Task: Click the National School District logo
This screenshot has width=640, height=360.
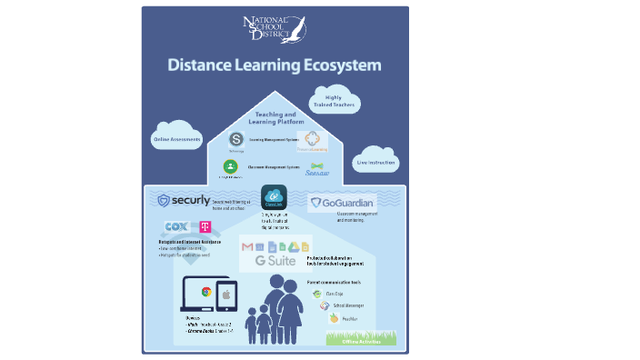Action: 275,29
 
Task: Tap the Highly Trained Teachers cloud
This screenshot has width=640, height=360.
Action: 336,103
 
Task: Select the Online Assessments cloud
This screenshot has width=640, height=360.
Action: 177,139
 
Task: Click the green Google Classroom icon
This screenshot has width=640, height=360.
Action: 231,166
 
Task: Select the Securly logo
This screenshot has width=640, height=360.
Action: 184,200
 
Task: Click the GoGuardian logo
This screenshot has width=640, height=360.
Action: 342,203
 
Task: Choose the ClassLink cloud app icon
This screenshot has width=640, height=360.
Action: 274,196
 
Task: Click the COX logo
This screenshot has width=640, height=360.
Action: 176,227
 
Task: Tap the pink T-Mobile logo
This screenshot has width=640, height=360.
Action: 205,227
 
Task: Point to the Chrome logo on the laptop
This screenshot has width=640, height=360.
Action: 206,292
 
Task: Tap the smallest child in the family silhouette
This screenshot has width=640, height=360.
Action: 251,323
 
